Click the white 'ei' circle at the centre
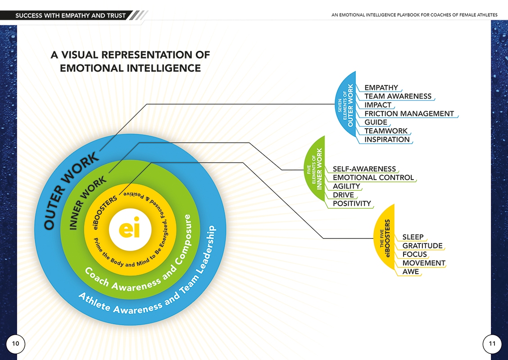[x=130, y=229]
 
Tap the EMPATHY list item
[x=381, y=88]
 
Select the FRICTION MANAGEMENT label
[x=409, y=114]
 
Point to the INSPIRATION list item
[x=387, y=139]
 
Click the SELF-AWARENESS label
[x=364, y=169]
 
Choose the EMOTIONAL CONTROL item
[x=373, y=178]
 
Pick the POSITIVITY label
[x=352, y=204]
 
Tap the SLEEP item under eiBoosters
[x=413, y=237]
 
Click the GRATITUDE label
[x=422, y=246]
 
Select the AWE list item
[x=410, y=272]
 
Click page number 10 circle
[x=15, y=343]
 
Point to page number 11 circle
[x=492, y=343]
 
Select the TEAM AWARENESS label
[x=398, y=96]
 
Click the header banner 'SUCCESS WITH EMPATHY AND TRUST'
[x=70, y=15]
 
